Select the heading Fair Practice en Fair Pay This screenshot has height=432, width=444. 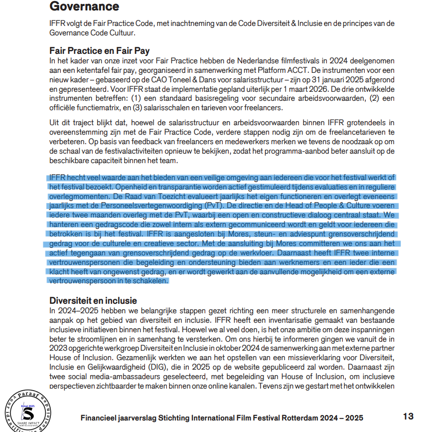pos(99,50)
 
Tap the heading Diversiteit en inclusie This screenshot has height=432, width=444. pos(93,300)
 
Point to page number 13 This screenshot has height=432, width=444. pos(408,417)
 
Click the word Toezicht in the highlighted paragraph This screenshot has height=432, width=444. pos(221,196)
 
